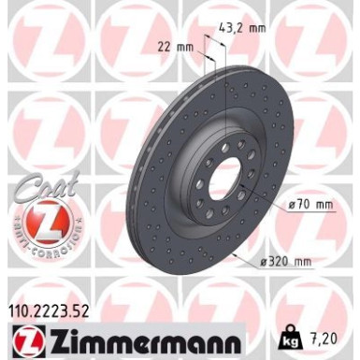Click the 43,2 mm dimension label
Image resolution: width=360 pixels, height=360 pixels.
coord(245,29)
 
